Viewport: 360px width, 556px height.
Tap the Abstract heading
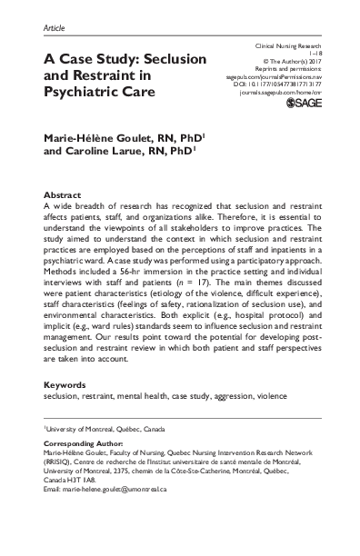coord(64,195)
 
